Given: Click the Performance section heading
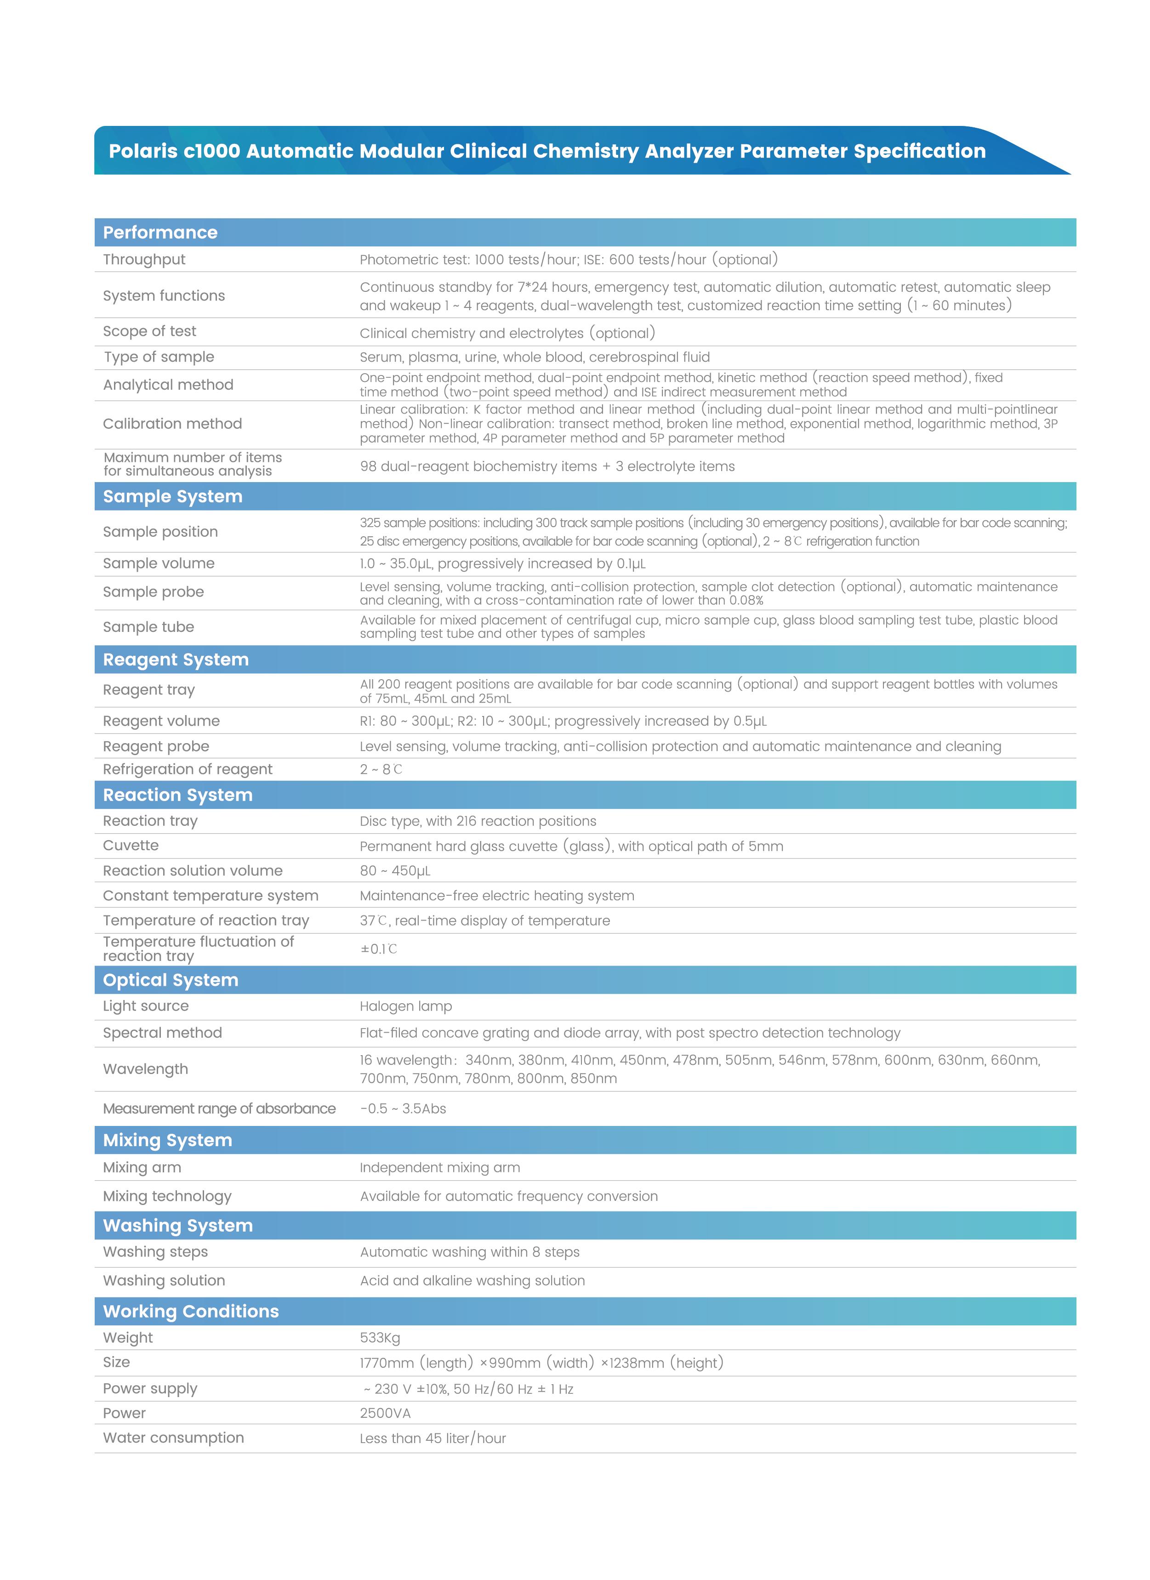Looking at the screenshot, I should [x=160, y=233].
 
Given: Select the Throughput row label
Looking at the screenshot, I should [x=144, y=260].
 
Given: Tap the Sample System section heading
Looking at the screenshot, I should [x=173, y=497].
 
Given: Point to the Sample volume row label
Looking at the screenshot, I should [x=159, y=563].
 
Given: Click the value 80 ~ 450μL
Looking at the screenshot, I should [x=395, y=871].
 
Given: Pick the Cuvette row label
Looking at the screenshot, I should [x=131, y=846].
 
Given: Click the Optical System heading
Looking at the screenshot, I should [x=171, y=980].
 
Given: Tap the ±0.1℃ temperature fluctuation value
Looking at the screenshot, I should [x=379, y=949].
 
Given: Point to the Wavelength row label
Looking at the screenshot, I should [x=146, y=1069].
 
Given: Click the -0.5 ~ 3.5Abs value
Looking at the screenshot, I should [x=403, y=1109].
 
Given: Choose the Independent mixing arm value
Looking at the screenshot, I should [x=439, y=1168].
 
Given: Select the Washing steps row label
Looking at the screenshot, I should [x=155, y=1252].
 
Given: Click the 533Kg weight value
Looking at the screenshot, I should [x=380, y=1337].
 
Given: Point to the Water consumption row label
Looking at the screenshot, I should [x=173, y=1438].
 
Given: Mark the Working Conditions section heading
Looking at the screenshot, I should [x=191, y=1311].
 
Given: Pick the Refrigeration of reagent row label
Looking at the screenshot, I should [x=188, y=769].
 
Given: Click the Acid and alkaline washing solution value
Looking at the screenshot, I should [x=472, y=1280].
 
